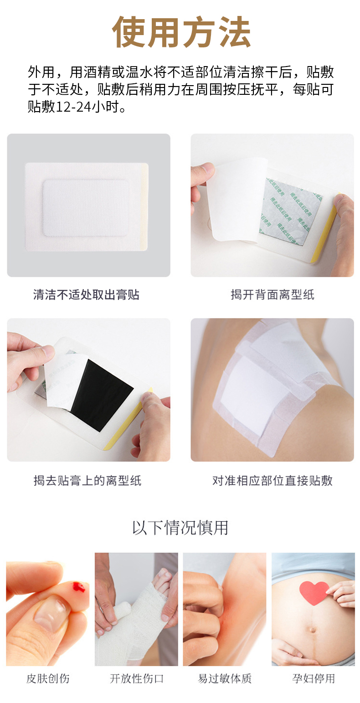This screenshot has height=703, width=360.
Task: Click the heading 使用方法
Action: pos(181,32)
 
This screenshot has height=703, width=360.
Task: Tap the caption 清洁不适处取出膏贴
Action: pos(86,295)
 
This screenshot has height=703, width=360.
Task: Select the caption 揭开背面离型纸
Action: pos(272,295)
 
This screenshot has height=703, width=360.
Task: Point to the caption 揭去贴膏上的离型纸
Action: pos(87,480)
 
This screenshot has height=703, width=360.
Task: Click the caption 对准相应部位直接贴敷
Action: pos(272,480)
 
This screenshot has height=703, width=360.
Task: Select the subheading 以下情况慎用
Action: pos(180,528)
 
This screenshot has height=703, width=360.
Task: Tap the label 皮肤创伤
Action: pos(48,678)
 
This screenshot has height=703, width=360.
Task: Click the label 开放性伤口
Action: pos(136,678)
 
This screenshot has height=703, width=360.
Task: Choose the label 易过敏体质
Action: pos(225,678)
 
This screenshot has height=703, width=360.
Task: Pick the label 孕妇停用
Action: pos(313,678)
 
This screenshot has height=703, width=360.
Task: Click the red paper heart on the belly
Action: pos(314,592)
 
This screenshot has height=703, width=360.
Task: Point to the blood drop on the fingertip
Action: pos(78,587)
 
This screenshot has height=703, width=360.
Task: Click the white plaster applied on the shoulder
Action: pos(260,383)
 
